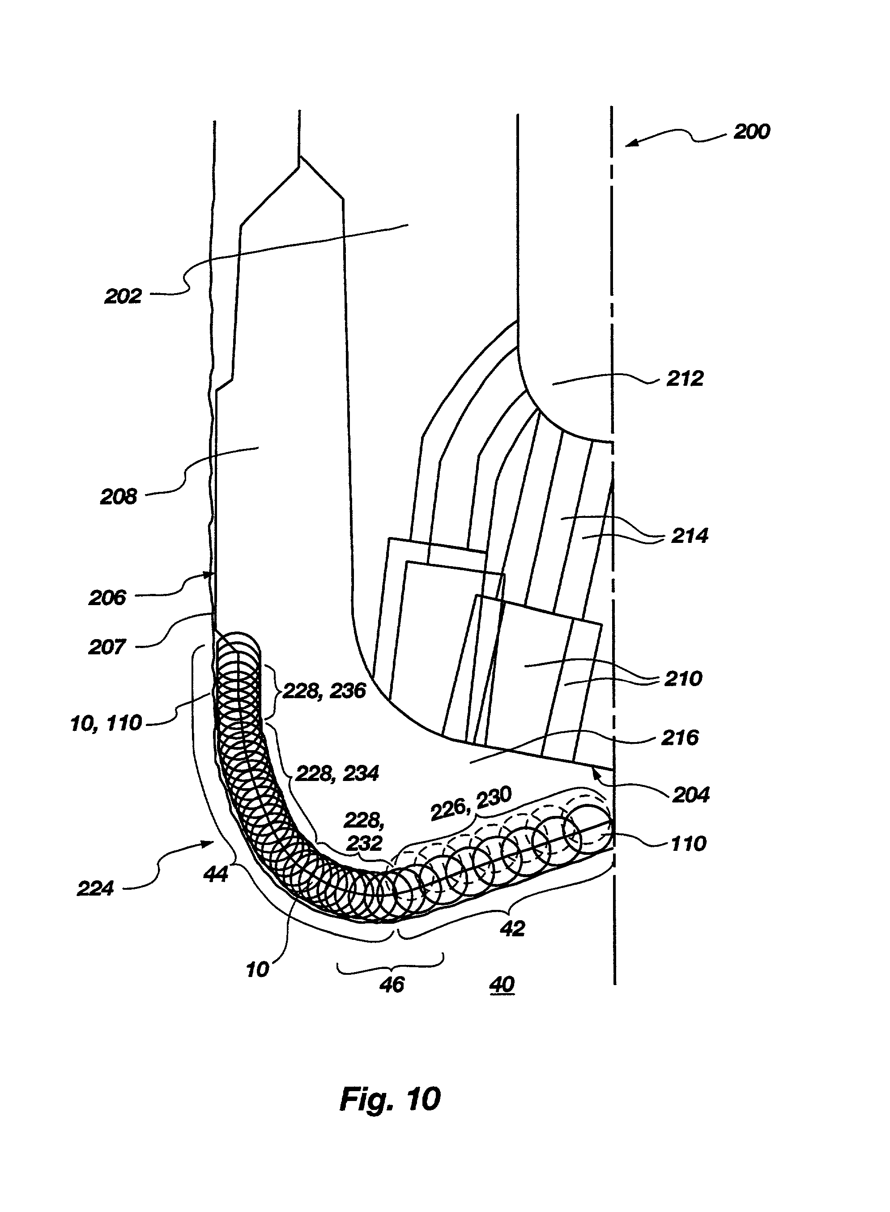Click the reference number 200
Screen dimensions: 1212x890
tap(752, 132)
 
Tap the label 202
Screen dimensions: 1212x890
tap(123, 296)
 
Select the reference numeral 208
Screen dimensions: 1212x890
tap(119, 496)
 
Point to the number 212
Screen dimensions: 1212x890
tap(685, 378)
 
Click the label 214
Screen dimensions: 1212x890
tap(689, 536)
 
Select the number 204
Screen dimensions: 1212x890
tap(691, 794)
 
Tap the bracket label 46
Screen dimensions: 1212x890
tap(392, 985)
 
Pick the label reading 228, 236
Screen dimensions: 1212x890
tap(324, 691)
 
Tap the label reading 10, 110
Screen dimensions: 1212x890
tap(106, 723)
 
